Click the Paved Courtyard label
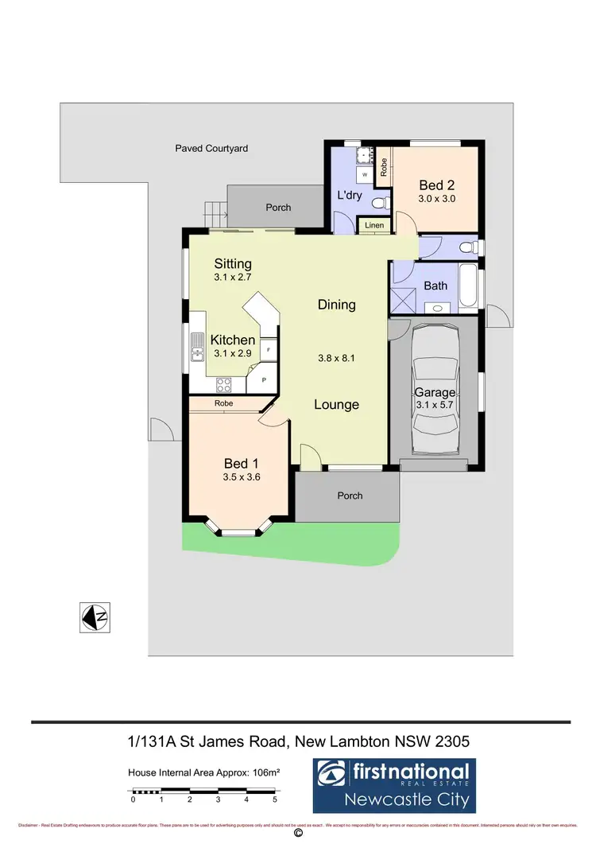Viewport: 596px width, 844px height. pos(212,149)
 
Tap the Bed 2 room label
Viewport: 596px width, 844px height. pos(436,185)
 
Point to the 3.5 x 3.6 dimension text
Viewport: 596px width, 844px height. pos(242,477)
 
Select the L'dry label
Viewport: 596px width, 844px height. pos(350,195)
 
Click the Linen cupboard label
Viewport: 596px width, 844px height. pos(374,226)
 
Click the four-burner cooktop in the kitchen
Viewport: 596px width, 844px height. pos(224,384)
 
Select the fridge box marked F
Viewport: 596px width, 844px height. pos(269,349)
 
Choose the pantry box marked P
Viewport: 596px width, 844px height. pos(263,381)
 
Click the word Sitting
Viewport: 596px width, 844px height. pos(233,264)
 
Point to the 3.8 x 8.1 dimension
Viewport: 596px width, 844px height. pos(336,358)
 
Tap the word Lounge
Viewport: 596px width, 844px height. pos(336,404)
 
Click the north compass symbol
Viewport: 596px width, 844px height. pos(94,616)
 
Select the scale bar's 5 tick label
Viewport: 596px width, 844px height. pos(275,799)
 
